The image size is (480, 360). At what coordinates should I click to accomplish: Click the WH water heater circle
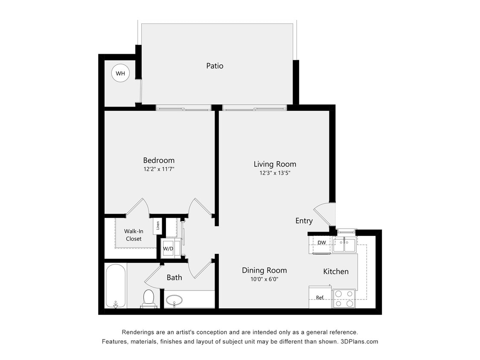pos(120,74)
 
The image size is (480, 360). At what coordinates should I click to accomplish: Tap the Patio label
pos(215,66)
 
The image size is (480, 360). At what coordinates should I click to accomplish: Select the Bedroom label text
pos(159,160)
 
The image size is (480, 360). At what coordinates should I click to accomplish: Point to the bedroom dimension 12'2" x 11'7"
pos(159,169)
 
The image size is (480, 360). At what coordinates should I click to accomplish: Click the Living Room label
pos(275,164)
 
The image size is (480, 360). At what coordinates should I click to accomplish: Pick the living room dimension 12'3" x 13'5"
pos(275,173)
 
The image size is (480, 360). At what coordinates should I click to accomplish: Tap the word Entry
pos(304,221)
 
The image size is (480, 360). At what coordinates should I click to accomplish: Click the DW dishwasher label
pos(322,243)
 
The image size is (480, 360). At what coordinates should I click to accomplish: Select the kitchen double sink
pos(344,245)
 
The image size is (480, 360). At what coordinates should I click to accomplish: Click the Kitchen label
pos(336,271)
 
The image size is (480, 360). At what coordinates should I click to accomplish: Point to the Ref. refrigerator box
pos(320,297)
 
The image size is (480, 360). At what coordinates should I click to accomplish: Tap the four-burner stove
pos(344,299)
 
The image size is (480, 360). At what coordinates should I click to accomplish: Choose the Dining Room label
pos(264,270)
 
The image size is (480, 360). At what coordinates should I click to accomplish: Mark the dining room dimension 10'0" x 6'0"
pos(264,279)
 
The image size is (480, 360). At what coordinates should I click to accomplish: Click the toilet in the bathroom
pos(148,298)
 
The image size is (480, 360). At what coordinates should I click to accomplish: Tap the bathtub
pos(116,286)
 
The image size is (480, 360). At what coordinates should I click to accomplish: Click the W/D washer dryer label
pos(168,249)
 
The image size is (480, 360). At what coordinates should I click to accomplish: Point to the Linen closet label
pos(157,225)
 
